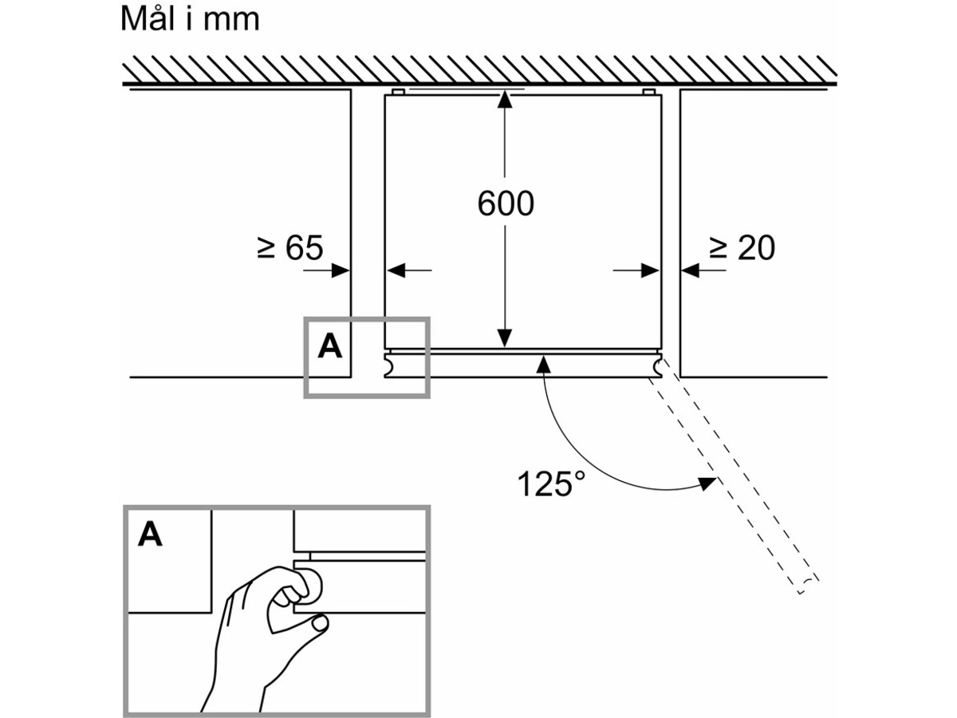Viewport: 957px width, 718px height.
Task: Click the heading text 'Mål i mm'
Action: [x=190, y=19]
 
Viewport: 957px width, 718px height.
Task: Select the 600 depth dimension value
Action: [x=506, y=204]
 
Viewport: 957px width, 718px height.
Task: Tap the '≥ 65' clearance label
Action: [x=290, y=248]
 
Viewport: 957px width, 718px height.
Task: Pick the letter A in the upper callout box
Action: [x=329, y=347]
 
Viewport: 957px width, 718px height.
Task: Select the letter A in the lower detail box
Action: [x=150, y=535]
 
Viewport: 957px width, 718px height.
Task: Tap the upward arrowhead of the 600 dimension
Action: [x=504, y=100]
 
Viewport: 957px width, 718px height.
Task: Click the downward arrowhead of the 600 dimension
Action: [x=504, y=341]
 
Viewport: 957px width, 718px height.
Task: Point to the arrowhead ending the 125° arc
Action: [x=705, y=483]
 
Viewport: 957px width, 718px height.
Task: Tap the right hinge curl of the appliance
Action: [x=659, y=366]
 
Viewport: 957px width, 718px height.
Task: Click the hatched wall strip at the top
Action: [x=478, y=71]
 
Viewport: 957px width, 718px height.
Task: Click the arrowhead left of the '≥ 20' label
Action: [x=689, y=271]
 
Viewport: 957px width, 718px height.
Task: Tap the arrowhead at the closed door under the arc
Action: [x=544, y=365]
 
